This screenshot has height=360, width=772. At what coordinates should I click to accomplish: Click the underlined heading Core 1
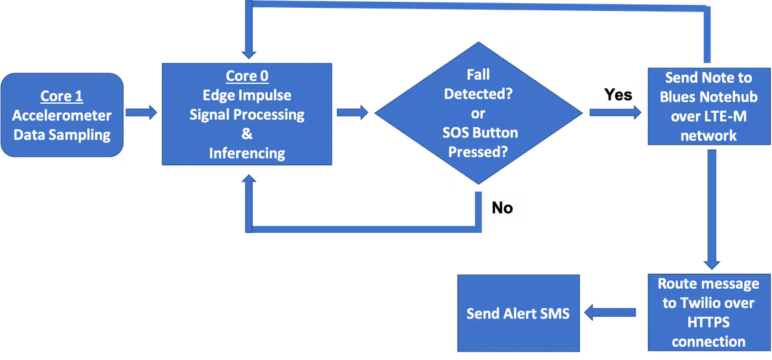pos(62,96)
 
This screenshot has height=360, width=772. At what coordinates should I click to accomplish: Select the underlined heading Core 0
pos(247,76)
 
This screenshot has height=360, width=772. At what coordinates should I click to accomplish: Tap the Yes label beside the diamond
pos(618,95)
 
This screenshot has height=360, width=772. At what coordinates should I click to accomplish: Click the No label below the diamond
pos(502,207)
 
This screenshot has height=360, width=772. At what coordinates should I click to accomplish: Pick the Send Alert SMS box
pos(518,314)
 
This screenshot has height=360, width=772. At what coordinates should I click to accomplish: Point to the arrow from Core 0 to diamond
pos(354,112)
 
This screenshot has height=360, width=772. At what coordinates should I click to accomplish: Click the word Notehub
pos(727,97)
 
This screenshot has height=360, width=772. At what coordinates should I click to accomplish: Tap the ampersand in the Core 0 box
pos(247,134)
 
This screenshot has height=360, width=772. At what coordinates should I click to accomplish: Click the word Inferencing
pos(247,153)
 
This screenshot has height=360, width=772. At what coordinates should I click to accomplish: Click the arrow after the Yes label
pos(615,112)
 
